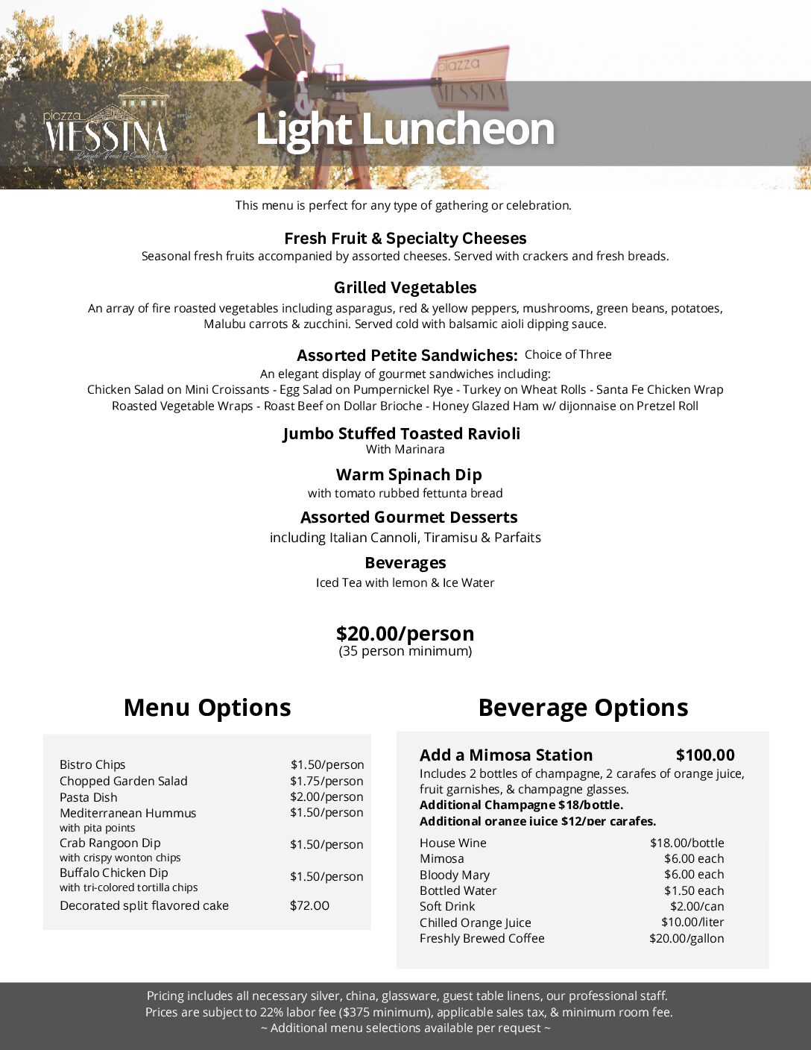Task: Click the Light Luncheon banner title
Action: pyautogui.click(x=405, y=129)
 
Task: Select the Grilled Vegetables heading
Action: pyautogui.click(x=405, y=288)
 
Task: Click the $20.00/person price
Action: pyautogui.click(x=405, y=634)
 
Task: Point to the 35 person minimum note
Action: pyautogui.click(x=405, y=651)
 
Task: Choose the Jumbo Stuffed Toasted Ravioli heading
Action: pyautogui.click(x=402, y=434)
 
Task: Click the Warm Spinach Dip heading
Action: pyautogui.click(x=408, y=475)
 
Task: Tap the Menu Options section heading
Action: pyautogui.click(x=207, y=708)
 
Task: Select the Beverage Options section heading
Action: pyautogui.click(x=583, y=708)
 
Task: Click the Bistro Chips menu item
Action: pyautogui.click(x=92, y=764)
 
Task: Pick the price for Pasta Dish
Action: pyautogui.click(x=326, y=796)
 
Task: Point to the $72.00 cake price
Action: pyautogui.click(x=309, y=905)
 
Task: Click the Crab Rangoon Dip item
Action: pyautogui.click(x=110, y=843)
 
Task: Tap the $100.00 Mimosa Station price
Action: pyautogui.click(x=705, y=755)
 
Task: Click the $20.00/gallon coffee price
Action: pyautogui.click(x=687, y=938)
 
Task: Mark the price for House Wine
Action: pyautogui.click(x=687, y=843)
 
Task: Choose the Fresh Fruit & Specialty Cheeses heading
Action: pyautogui.click(x=405, y=239)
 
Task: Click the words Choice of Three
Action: pyautogui.click(x=568, y=355)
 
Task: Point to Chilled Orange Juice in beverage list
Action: pyautogui.click(x=476, y=922)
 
